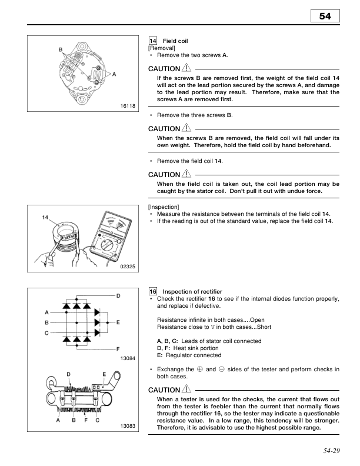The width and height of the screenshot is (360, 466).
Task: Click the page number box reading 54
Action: coord(325,16)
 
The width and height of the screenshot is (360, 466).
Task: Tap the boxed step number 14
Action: coord(153,41)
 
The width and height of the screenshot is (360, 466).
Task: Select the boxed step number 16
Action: coord(153,292)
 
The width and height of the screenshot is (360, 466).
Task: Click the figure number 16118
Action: coord(128,106)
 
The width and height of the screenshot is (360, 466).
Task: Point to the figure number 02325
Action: coord(128,267)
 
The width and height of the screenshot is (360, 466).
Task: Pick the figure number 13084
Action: coord(128,358)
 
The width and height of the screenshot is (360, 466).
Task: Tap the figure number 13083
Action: coord(128,426)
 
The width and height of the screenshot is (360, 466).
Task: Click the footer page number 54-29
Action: coord(332,451)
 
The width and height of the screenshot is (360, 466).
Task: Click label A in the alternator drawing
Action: coord(114,74)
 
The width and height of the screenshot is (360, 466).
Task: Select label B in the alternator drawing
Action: coord(61,49)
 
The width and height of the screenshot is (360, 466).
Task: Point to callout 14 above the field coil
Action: coord(45,218)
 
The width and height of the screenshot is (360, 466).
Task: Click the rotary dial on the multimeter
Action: coord(107,245)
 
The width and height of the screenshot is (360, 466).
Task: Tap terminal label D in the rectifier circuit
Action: coord(118,296)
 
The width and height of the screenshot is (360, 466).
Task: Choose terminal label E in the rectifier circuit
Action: coord(118,322)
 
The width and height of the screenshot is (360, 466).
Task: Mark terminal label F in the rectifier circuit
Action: coord(118,349)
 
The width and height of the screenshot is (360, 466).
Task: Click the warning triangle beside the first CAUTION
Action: coord(186,68)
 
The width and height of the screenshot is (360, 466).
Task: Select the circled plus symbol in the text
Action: coord(200,370)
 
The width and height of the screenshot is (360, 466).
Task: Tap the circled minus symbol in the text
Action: coord(222,370)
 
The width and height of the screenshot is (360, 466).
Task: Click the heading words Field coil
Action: coord(175,41)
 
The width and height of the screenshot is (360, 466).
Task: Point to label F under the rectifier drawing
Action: coord(86,420)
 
